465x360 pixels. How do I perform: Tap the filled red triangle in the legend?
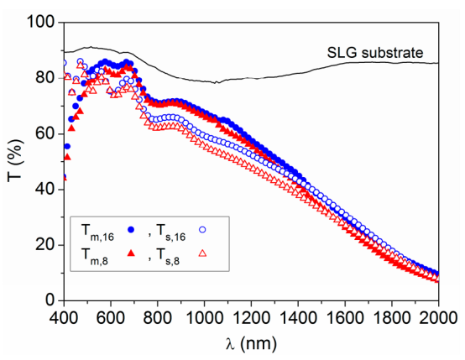tap(130, 253)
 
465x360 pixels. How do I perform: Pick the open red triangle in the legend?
tap(201, 253)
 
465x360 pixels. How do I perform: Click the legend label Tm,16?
tap(97, 229)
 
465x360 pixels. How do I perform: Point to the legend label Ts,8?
tap(170, 254)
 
